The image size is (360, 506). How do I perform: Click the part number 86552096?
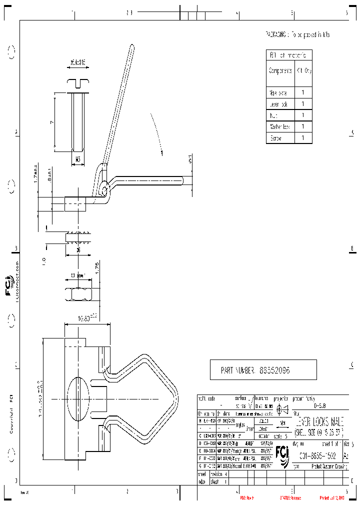tap(274, 370)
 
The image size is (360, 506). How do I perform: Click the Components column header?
tap(280, 70)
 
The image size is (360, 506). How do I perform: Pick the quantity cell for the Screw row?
tap(303, 138)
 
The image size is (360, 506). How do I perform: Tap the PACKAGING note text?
tap(297, 34)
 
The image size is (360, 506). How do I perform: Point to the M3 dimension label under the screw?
tap(78, 159)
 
